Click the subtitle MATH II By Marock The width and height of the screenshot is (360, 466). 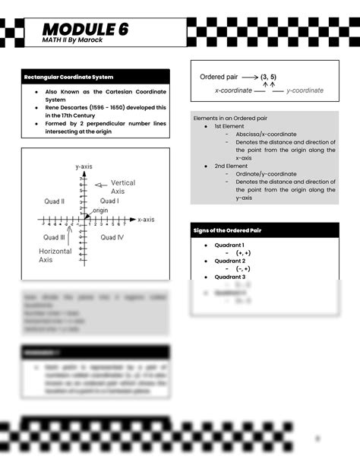tap(71, 40)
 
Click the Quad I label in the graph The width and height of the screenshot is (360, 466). tap(109, 201)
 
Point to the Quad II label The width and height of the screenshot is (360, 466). tap(55, 201)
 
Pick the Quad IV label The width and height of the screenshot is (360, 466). tap(112, 237)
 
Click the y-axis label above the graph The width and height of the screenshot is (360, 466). tap(84, 166)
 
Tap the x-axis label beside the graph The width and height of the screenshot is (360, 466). tap(147, 219)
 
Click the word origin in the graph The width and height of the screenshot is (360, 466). tap(101, 210)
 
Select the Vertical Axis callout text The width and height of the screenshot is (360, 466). tap(123, 187)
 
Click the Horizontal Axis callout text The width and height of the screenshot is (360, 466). tap(55, 255)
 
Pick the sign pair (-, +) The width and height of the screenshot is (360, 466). tap(244, 268)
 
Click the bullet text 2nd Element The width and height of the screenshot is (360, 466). tap(230, 165)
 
